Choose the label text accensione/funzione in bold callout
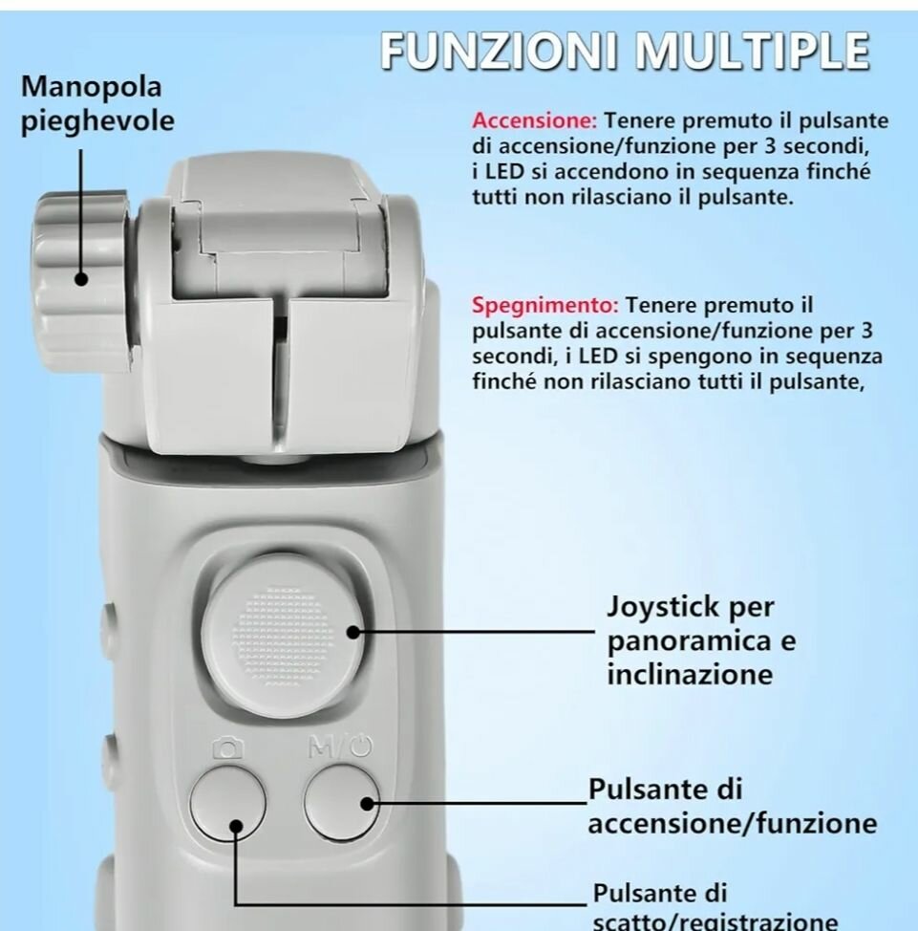coord(718,824)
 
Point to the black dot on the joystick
coord(353,632)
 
